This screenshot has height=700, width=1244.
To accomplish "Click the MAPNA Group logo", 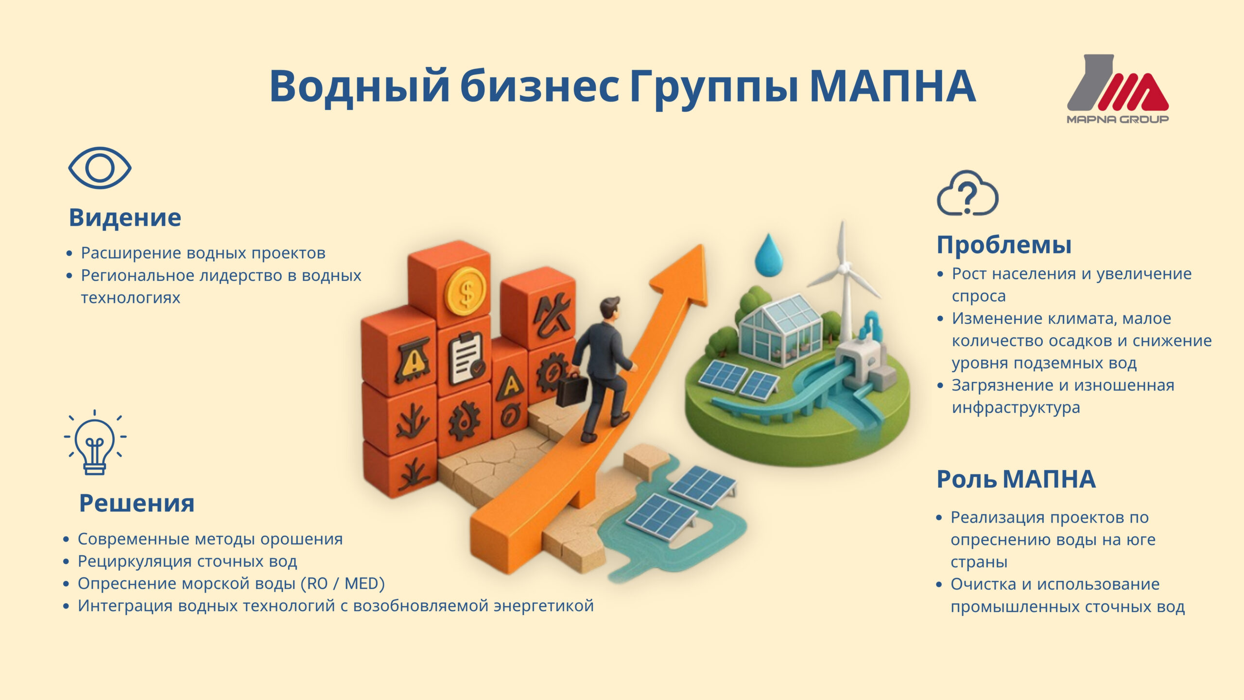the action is click(x=1118, y=89).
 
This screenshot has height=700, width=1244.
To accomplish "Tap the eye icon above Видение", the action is click(x=100, y=168).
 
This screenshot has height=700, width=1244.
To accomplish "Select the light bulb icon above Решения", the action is click(x=95, y=442).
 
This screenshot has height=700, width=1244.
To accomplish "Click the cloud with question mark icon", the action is click(x=967, y=193).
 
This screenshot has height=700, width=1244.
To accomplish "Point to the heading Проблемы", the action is click(x=1004, y=245).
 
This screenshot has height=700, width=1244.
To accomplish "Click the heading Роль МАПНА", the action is click(x=1016, y=479).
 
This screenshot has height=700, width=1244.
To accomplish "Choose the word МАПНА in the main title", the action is click(x=892, y=86).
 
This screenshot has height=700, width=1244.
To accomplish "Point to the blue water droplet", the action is click(x=768, y=255).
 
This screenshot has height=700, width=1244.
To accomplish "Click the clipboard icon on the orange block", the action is click(x=466, y=358).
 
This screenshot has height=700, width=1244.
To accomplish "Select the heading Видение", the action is click(x=125, y=217).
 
